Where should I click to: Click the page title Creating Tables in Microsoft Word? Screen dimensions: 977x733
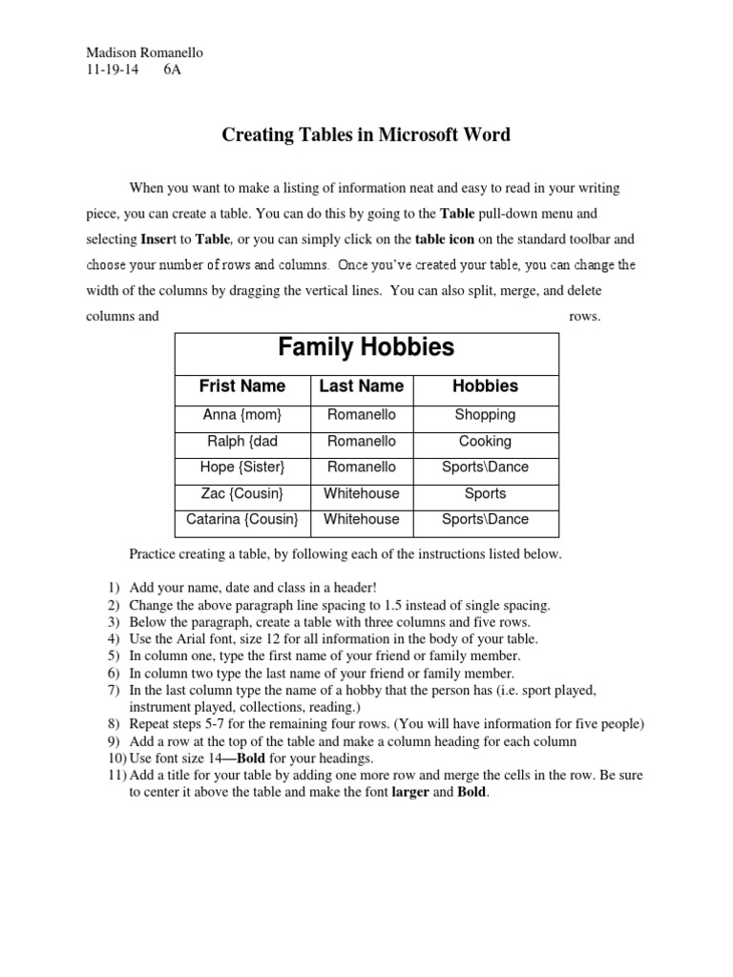pos(366,135)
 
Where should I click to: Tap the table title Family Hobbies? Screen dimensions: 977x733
pos(366,347)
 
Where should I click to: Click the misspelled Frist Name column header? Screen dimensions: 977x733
pos(242,386)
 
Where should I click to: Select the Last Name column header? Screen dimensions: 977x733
pos(361,386)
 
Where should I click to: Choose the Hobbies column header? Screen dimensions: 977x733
pos(485,386)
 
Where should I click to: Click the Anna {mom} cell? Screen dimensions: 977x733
pos(242,415)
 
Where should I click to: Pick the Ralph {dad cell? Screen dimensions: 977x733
pos(242,442)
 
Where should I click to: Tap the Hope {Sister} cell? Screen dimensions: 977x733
pos(242,468)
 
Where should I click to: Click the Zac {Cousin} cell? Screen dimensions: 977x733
pos(242,494)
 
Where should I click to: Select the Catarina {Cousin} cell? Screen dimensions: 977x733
pos(242,520)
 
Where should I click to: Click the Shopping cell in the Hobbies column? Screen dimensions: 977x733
pos(485,415)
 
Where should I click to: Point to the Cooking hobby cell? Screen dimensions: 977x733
pos(485,442)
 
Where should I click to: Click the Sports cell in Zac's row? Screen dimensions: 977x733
pos(485,494)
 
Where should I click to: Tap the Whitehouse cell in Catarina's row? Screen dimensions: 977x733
pos(361,520)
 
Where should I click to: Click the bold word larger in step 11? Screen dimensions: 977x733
pos(410,793)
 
